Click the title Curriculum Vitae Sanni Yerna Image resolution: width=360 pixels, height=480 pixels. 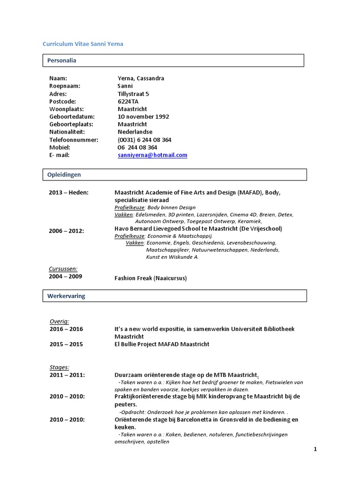pos(83,44)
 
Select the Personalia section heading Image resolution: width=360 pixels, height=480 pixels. pos(62,60)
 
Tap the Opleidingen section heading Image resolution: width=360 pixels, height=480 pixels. pos(64,174)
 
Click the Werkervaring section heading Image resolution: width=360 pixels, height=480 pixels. pos(66,296)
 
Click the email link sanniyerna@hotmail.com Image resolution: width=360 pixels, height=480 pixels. pos(152,155)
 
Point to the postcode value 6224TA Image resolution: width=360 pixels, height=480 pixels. pos(128,101)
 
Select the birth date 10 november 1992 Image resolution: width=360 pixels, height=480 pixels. pos(143,117)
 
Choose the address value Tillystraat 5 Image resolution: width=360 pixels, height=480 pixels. pos(134,94)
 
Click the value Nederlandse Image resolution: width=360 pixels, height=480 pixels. pos(135,132)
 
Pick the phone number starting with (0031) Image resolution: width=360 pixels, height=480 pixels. pos(144,140)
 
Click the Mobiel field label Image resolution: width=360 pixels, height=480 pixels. pos(60,147)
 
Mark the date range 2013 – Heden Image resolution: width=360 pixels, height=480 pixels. pos(68,193)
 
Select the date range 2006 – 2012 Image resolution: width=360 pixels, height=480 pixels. pos(67,231)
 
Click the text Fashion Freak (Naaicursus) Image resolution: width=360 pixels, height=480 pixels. pos(150,278)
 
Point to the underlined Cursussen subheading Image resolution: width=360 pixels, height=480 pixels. pos(63,269)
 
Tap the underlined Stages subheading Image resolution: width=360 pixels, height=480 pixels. pos(60,367)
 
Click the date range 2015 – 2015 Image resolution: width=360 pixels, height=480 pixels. pos(66,344)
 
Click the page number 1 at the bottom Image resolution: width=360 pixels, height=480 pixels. pos(315,449)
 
